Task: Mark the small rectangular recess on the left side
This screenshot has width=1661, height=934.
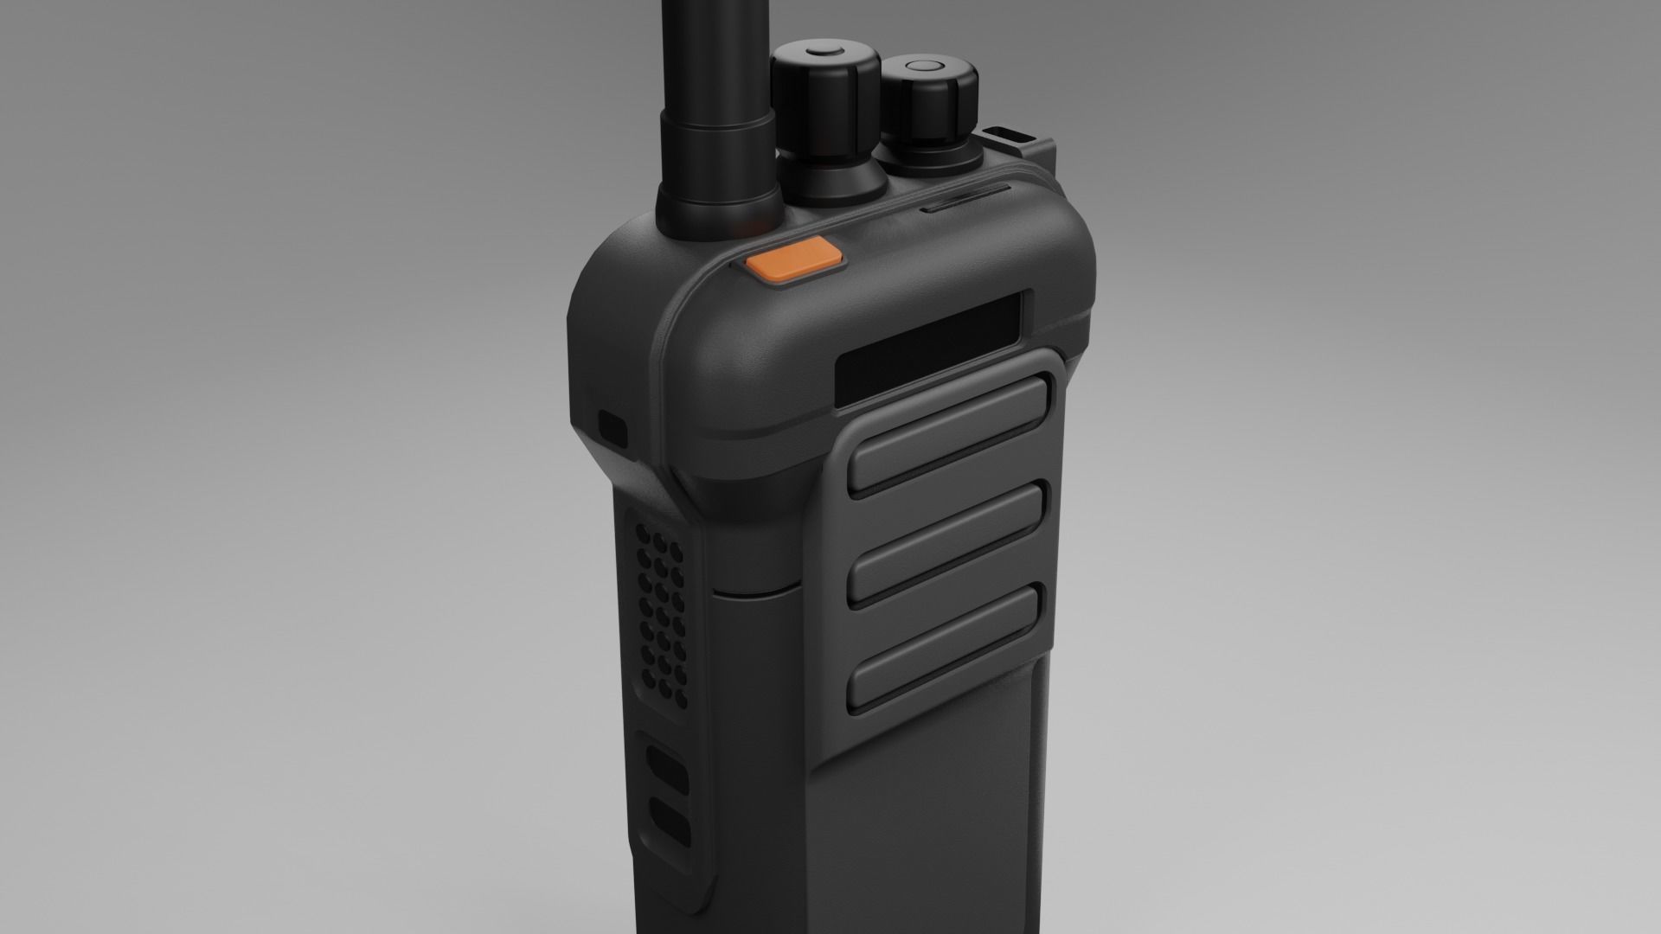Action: tap(613, 426)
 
